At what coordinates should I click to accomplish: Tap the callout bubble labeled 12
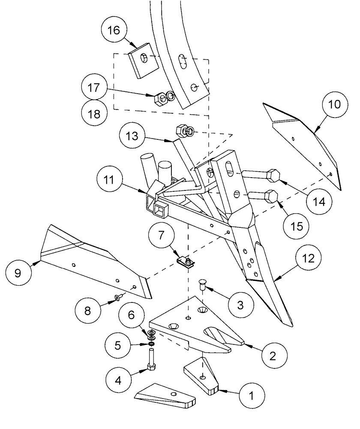point(309,258)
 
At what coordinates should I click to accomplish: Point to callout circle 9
point(18,273)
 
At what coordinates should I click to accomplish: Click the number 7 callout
point(161,236)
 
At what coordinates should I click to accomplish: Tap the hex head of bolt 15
point(271,196)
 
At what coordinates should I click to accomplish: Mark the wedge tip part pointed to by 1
point(201,376)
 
